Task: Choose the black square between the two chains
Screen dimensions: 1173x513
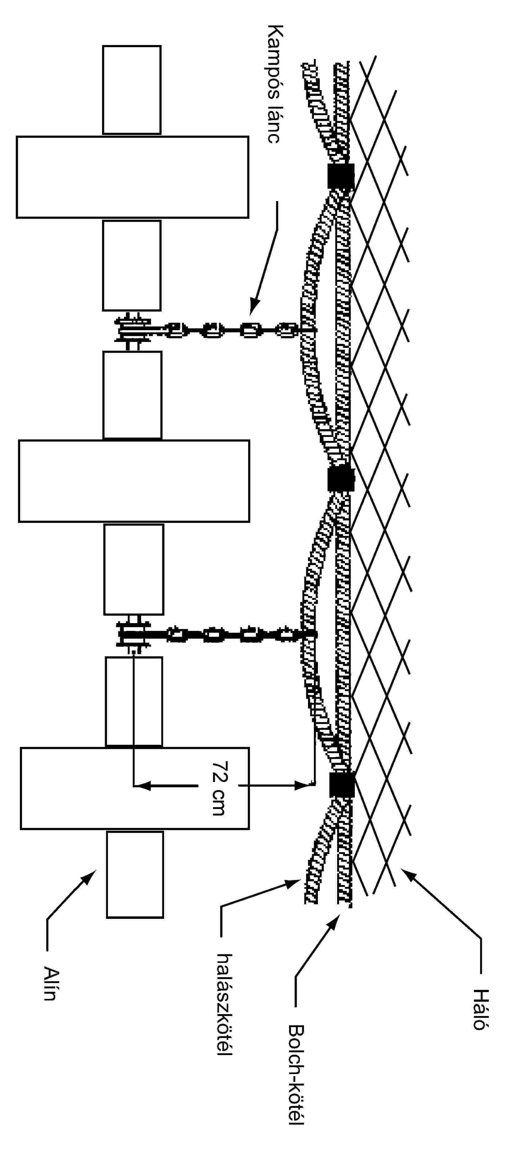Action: click(x=341, y=479)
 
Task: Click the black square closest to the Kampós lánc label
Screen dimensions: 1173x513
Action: click(x=341, y=176)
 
